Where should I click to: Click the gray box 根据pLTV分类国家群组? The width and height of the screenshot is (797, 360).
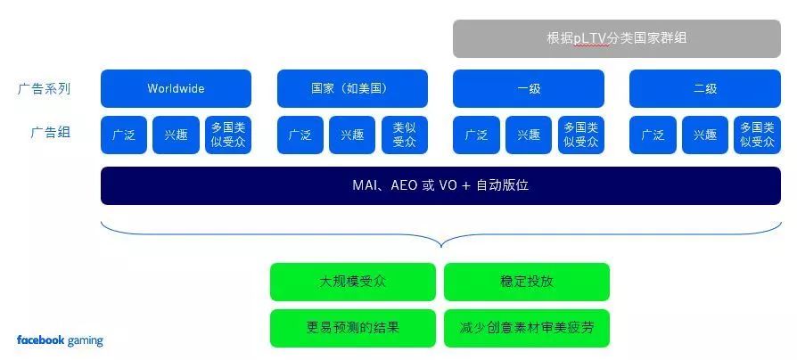617,38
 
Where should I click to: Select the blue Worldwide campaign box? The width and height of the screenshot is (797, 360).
176,88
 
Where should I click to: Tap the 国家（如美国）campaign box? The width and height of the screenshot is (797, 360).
352,88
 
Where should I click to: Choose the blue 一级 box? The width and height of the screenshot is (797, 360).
529,88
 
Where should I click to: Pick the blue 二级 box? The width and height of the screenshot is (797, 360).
705,88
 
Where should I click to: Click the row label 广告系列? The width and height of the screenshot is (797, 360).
44,88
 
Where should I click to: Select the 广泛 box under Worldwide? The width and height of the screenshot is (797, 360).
124,135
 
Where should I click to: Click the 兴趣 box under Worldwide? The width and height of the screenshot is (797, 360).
176,135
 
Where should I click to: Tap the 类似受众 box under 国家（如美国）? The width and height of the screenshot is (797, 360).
405,135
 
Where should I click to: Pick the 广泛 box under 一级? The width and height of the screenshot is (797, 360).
476,135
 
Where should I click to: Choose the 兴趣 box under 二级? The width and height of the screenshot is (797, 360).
705,135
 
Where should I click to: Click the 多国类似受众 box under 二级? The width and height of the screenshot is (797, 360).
758,135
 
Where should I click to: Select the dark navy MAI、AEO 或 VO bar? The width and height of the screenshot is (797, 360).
440,185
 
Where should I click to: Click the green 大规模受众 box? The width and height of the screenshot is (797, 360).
352,282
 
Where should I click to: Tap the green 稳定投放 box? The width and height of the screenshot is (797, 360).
527,282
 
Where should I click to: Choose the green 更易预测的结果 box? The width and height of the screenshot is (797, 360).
352,328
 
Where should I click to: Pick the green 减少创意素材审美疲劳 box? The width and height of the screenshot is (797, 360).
527,328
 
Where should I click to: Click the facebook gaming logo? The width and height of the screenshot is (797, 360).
60,340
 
